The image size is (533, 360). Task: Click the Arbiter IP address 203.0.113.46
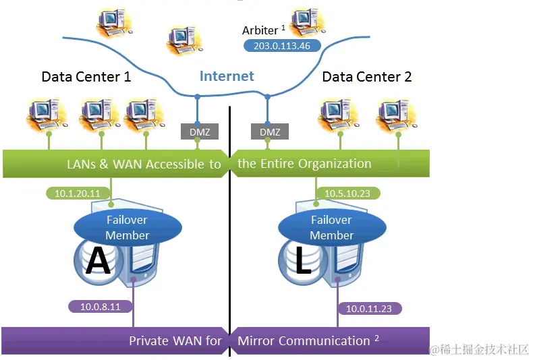pos(281,45)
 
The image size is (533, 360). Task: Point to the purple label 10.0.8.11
pos(100,306)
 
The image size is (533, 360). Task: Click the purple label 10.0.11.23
pos(370,308)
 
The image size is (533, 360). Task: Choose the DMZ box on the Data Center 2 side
pos(270,132)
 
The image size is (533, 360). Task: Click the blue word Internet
pos(227,76)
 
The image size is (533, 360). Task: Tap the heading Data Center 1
pos(86,77)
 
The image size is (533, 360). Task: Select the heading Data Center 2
pos(367,77)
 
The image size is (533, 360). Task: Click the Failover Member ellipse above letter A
pos(127,227)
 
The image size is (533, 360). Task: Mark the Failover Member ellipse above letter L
pos(331,227)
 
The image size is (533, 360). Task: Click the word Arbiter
pos(260,30)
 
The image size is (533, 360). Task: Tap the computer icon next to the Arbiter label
pos(307,22)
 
